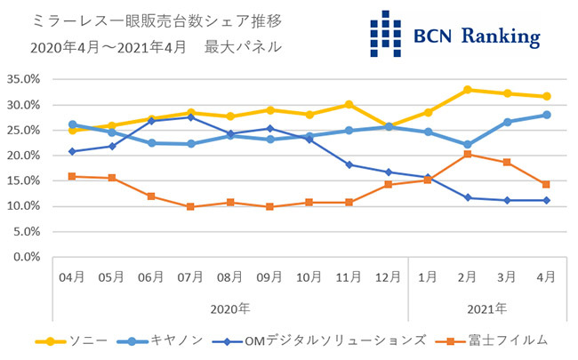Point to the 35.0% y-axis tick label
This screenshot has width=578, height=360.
(23, 79)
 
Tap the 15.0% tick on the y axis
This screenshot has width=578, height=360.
(23, 180)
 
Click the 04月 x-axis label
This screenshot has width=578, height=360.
(72, 277)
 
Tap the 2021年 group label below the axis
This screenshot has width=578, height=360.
(486, 309)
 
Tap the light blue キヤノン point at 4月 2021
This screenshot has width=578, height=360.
(547, 115)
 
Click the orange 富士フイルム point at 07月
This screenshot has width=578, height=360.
(190, 207)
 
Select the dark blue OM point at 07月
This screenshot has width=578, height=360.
(190, 117)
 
